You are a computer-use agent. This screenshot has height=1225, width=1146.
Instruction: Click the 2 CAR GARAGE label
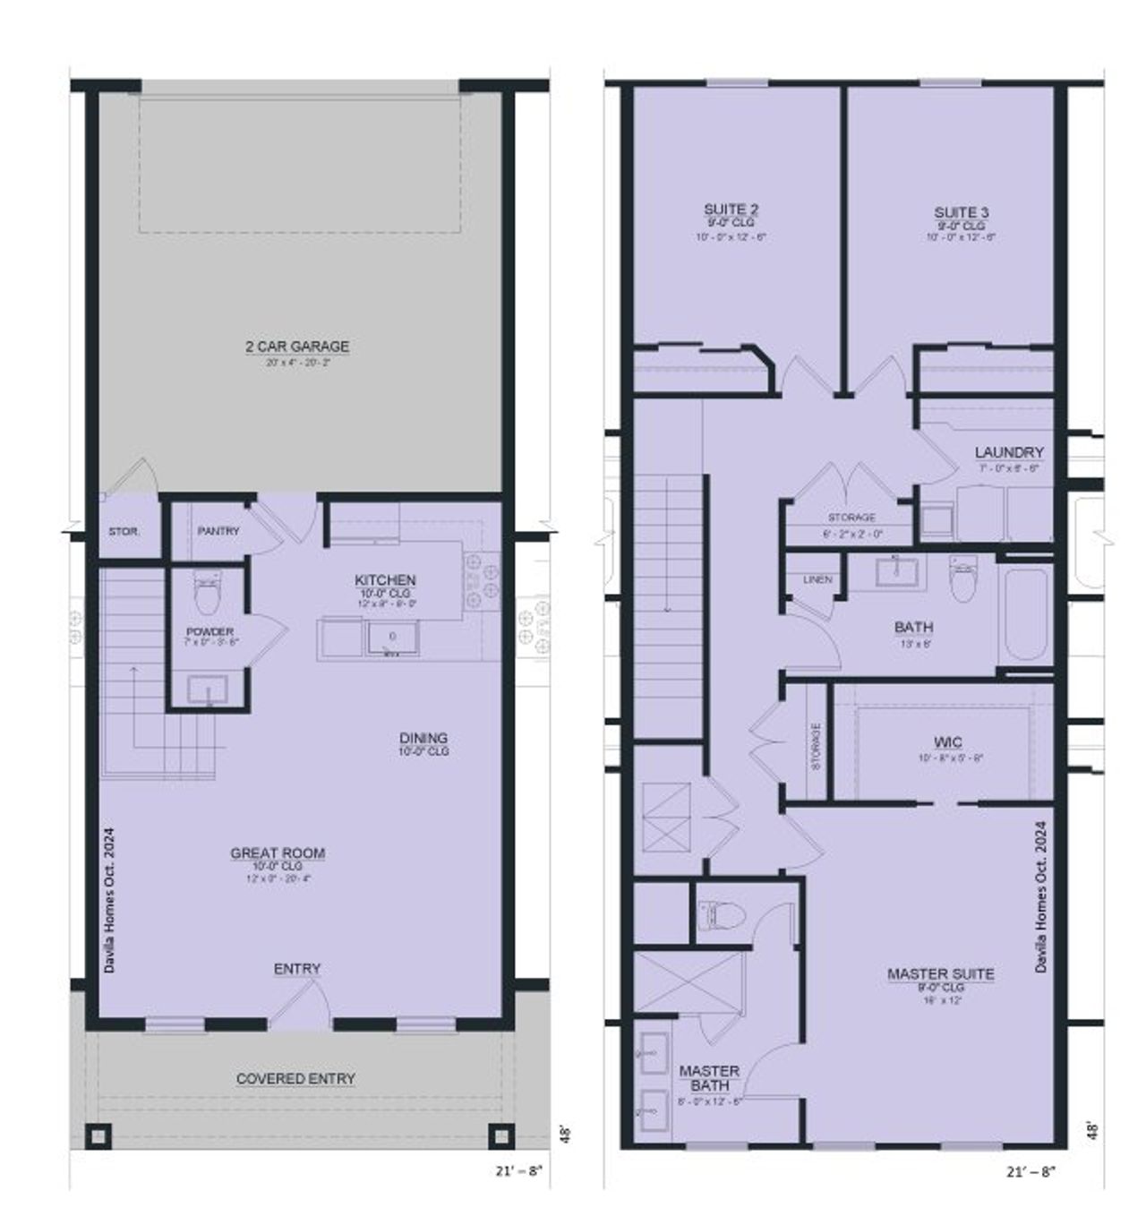pyautogui.click(x=297, y=347)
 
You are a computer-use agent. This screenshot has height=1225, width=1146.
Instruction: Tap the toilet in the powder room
pyautogui.click(x=207, y=594)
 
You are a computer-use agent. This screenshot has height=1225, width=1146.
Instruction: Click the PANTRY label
pyautogui.click(x=218, y=531)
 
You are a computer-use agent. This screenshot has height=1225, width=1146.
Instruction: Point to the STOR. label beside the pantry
pyautogui.click(x=124, y=532)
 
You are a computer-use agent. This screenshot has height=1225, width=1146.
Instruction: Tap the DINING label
pyautogui.click(x=423, y=739)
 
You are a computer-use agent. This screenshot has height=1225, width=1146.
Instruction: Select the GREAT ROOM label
pyautogui.click(x=278, y=853)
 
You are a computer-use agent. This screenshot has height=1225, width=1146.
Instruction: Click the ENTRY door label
pyautogui.click(x=297, y=969)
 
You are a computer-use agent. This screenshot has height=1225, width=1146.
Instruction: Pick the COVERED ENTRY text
pyautogui.click(x=295, y=1079)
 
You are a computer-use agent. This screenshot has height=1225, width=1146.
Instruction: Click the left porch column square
pyautogui.click(x=97, y=1135)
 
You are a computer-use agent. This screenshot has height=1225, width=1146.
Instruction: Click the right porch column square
pyautogui.click(x=500, y=1135)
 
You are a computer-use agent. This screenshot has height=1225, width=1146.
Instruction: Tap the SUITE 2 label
pyautogui.click(x=731, y=210)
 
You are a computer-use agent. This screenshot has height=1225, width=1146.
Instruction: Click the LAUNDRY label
pyautogui.click(x=1009, y=453)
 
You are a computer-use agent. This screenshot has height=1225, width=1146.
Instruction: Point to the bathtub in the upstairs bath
pyautogui.click(x=1026, y=614)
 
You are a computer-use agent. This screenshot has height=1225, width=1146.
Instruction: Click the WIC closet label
pyautogui.click(x=948, y=742)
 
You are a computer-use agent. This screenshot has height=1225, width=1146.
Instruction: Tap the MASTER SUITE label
pyautogui.click(x=940, y=973)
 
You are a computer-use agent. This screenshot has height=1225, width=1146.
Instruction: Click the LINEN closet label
pyautogui.click(x=817, y=580)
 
